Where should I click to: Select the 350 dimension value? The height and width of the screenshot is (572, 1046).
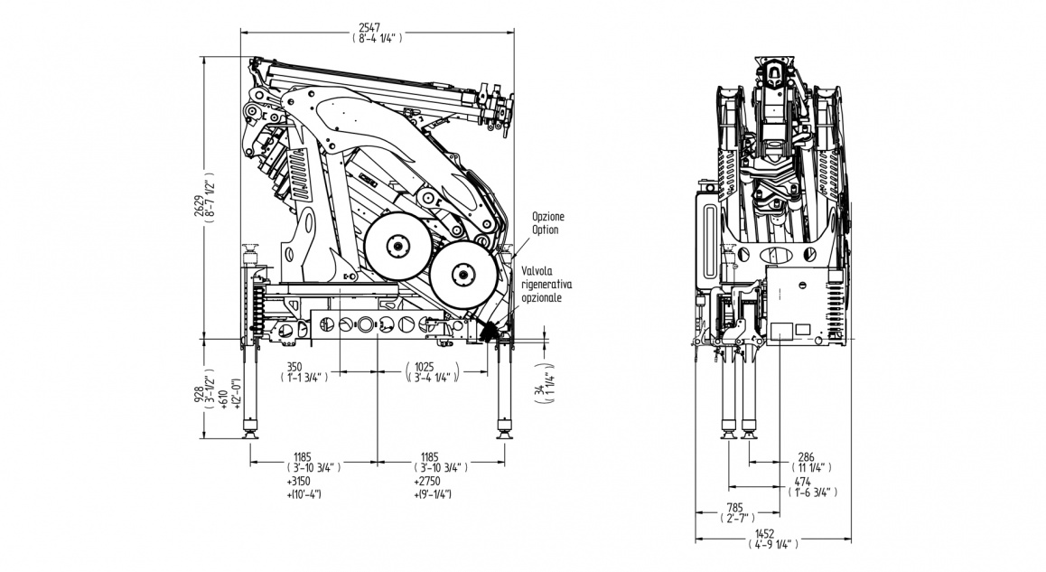[x=294, y=367]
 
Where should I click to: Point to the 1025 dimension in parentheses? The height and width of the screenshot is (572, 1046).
[x=425, y=367]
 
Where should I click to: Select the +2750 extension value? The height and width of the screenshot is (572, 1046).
[x=427, y=482]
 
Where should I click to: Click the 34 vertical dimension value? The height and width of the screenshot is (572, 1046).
[x=537, y=390]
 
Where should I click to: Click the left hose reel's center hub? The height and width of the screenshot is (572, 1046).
[x=396, y=245]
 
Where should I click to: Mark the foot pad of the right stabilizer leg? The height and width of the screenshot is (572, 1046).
[x=503, y=436]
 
